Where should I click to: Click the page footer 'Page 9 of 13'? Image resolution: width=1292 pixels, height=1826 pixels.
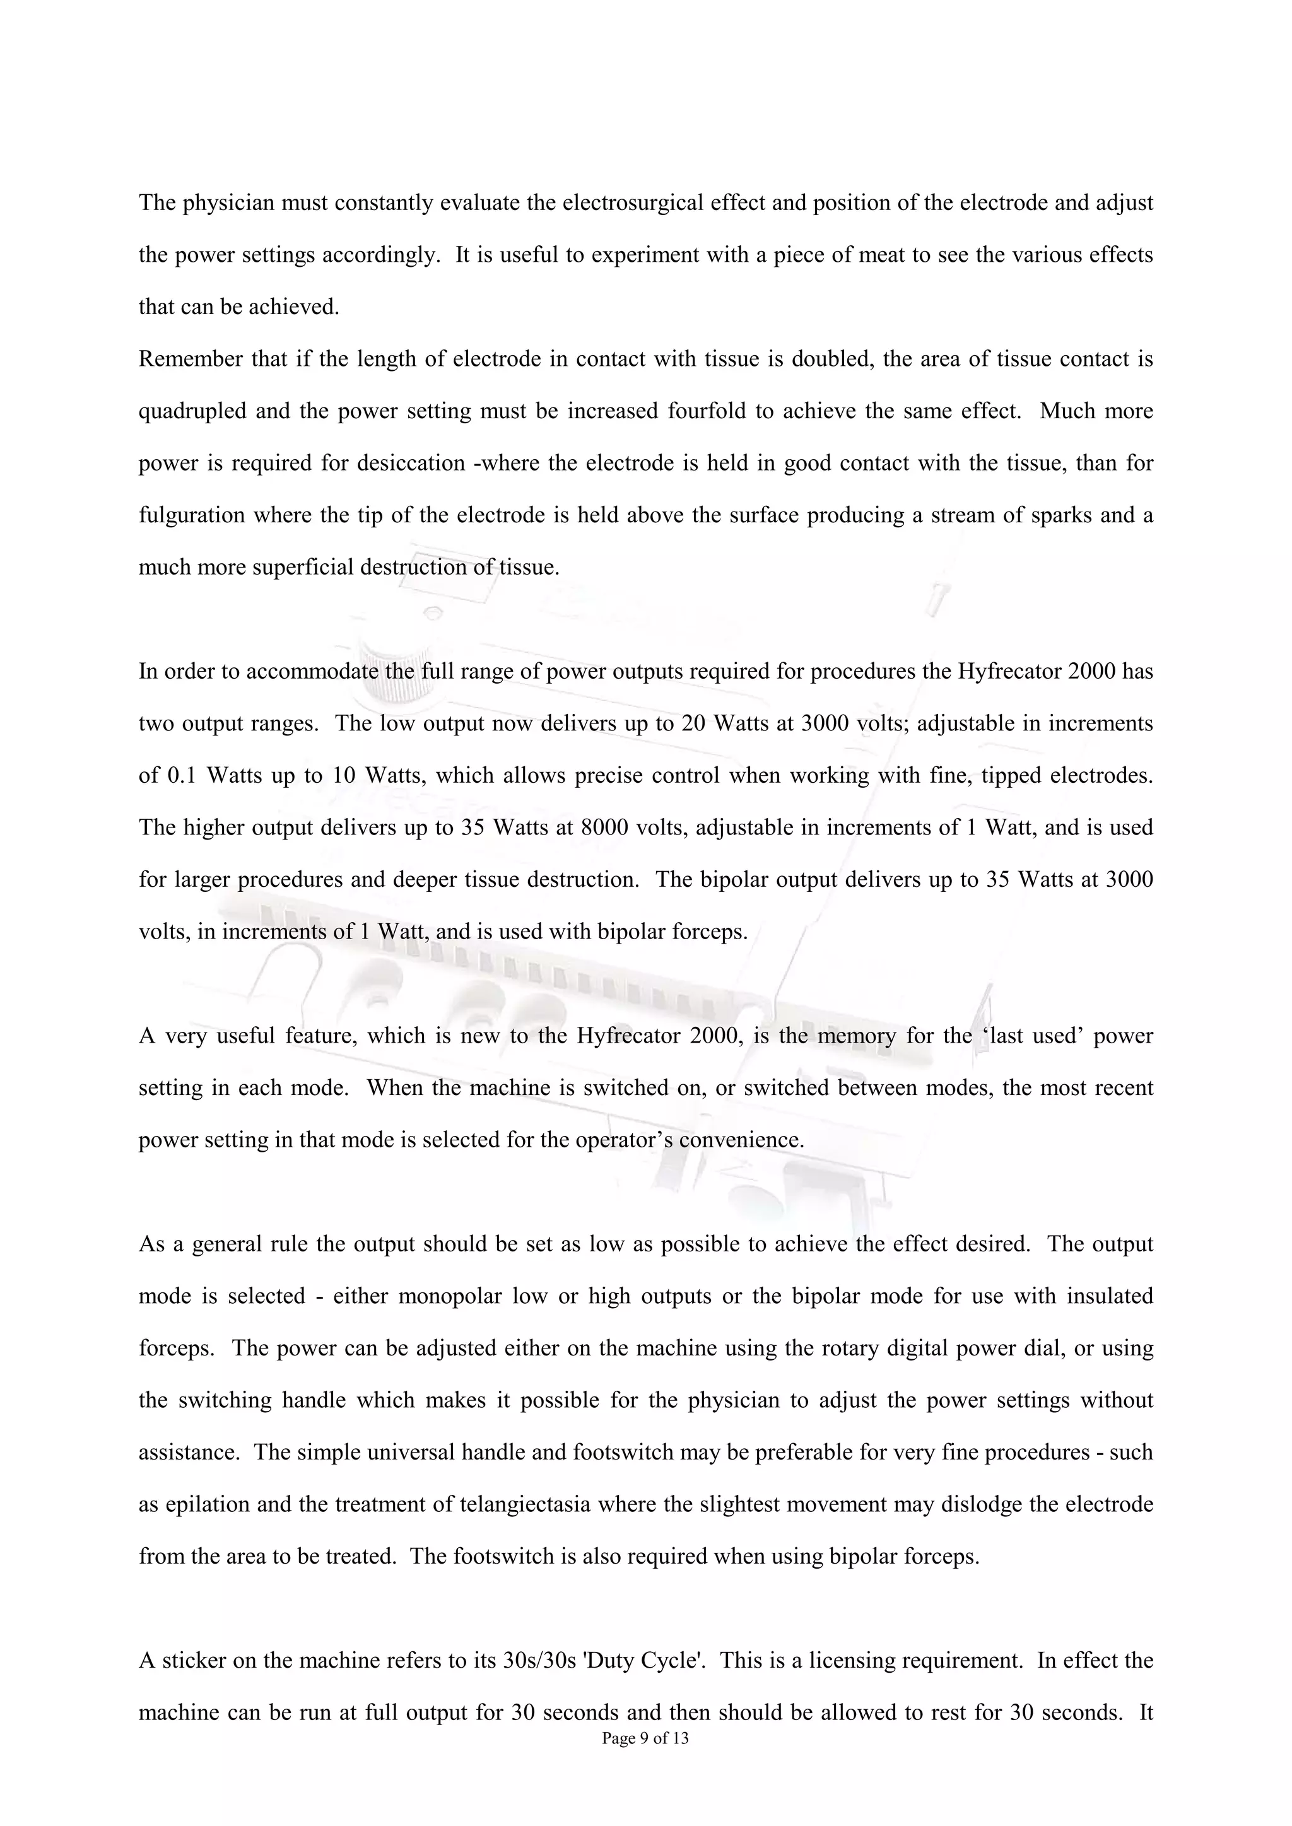point(645,1761)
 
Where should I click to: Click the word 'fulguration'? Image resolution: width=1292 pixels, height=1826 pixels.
point(192,515)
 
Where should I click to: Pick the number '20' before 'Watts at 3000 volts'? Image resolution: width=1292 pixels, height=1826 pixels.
point(692,723)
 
